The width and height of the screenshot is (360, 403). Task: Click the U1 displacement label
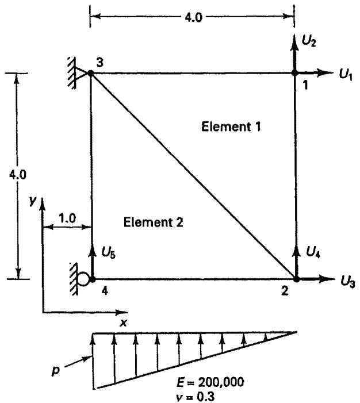tap(346, 75)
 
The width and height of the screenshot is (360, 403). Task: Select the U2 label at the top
tap(309, 41)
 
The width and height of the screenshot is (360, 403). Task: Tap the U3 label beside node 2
tap(348, 282)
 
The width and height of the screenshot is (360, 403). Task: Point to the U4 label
tap(313, 252)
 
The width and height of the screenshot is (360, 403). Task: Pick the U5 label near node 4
tap(109, 252)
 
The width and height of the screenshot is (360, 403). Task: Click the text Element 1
tap(231, 126)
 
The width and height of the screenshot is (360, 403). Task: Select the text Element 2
tap(153, 222)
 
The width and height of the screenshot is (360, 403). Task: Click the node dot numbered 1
tap(294, 73)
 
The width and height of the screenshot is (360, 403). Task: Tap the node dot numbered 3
tap(91, 73)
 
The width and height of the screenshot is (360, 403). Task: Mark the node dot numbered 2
tap(297, 279)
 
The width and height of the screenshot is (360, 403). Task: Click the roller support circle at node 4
tap(83, 279)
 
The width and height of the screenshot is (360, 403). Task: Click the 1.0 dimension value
tap(67, 218)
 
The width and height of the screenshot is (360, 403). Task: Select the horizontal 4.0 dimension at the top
tap(193, 18)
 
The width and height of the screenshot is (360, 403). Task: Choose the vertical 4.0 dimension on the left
tap(17, 175)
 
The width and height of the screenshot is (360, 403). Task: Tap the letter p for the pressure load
tap(56, 371)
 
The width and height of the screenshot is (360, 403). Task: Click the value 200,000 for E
tap(221, 382)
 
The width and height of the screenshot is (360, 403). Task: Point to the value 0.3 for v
tap(205, 397)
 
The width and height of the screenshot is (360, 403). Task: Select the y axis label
tap(33, 201)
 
